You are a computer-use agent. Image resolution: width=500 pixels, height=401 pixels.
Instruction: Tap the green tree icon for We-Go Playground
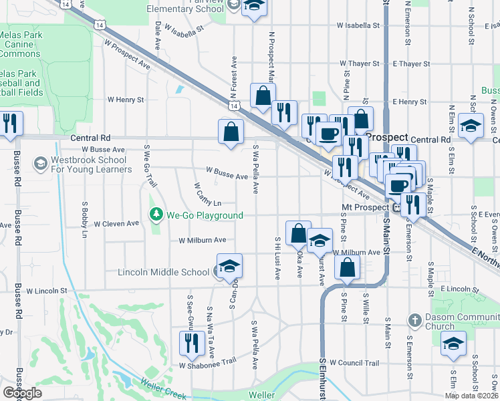click(156, 215)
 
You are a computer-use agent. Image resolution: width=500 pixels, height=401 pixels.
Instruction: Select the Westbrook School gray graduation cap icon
click(41, 163)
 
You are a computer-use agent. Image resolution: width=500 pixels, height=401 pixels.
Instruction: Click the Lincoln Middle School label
click(163, 272)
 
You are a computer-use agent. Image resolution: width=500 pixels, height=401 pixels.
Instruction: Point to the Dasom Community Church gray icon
click(414, 321)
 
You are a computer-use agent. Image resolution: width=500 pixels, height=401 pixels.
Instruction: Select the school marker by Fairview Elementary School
click(253, 7)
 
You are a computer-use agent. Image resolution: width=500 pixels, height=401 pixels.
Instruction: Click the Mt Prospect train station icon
click(397, 207)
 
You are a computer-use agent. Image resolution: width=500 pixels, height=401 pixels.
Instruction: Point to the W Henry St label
click(126, 100)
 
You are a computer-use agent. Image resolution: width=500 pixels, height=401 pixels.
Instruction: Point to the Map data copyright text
click(471, 396)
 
